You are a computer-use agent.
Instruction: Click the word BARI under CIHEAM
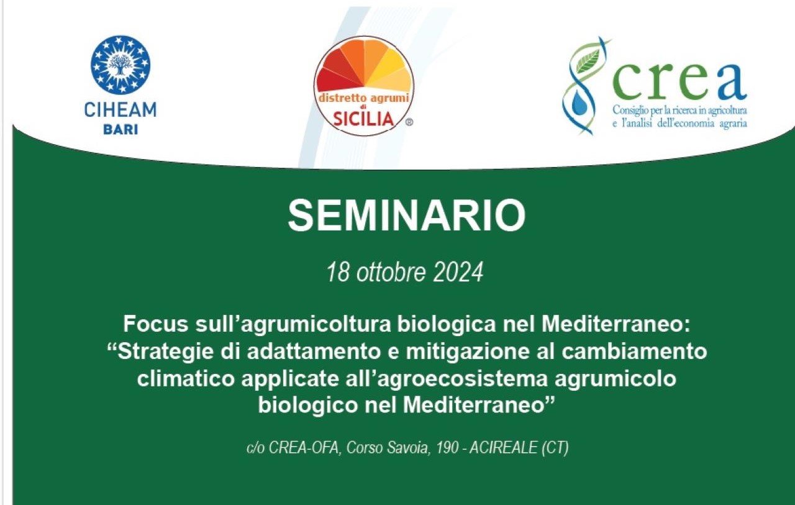(x=120, y=130)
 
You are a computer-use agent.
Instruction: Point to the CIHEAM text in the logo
(x=120, y=110)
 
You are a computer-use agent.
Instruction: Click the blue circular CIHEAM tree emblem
(x=120, y=65)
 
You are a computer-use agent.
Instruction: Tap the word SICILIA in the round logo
(x=363, y=120)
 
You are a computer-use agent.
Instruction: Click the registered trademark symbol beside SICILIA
(x=409, y=122)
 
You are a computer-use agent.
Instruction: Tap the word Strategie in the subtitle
(x=163, y=352)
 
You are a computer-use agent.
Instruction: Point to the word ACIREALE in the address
(x=503, y=448)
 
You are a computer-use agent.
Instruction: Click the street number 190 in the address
(x=447, y=448)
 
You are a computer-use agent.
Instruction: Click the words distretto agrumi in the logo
(x=364, y=98)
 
